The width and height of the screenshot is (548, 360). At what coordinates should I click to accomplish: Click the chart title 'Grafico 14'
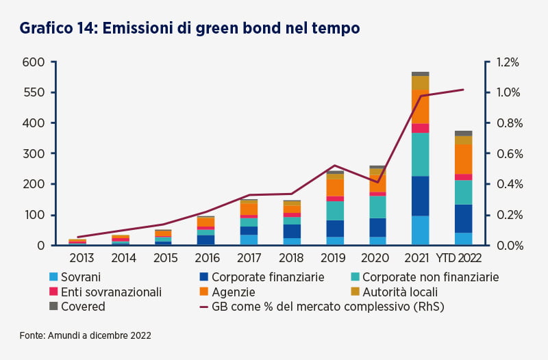[56, 28]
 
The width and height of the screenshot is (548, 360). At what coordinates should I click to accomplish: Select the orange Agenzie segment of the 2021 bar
[421, 107]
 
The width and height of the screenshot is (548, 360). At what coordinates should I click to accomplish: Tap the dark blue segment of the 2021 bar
[421, 196]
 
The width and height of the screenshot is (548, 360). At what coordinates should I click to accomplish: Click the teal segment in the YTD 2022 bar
[464, 192]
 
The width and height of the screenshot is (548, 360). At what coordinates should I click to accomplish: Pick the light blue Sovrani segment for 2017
[249, 240]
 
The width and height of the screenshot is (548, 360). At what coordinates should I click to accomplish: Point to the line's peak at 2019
[334, 165]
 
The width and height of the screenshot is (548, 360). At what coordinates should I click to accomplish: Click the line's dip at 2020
[378, 182]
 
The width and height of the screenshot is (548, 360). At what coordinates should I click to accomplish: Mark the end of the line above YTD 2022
[464, 90]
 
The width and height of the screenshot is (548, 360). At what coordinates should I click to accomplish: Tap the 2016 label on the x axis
[208, 258]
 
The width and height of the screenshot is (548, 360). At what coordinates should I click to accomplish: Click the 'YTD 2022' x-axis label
[459, 258]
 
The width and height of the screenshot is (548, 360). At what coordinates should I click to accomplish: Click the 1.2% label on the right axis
[508, 62]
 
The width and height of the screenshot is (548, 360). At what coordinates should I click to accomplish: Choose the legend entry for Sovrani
[75, 277]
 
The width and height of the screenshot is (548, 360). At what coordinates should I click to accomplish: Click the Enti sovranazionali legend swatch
[53, 292]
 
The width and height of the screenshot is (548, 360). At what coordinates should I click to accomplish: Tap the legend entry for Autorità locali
[395, 292]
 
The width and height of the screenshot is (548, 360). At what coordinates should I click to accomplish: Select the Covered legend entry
[77, 306]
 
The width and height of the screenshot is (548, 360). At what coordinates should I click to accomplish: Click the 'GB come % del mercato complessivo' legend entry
[322, 307]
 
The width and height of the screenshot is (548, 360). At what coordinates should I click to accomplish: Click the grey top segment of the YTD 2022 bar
[464, 133]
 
